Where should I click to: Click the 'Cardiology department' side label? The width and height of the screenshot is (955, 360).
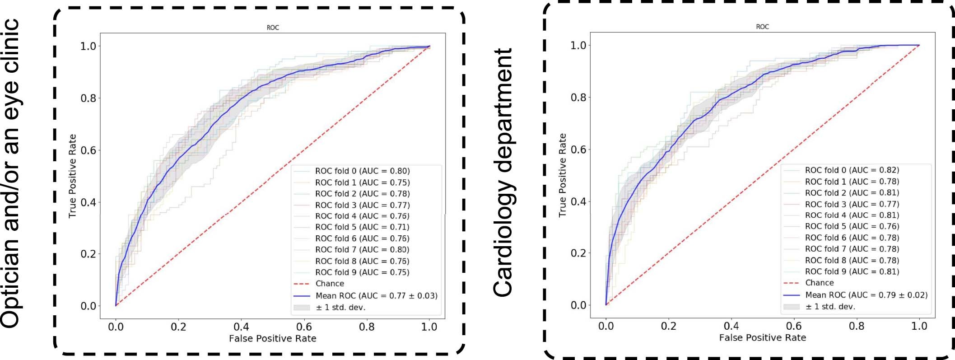click(x=503, y=173)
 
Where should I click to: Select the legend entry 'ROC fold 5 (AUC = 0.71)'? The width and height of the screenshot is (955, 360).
click(x=362, y=227)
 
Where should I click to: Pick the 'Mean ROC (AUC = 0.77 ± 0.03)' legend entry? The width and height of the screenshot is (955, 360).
click(x=376, y=296)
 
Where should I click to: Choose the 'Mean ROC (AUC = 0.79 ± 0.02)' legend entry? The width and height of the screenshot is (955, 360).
click(x=866, y=295)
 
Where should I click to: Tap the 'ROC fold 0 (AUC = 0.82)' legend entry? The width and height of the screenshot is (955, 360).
click(x=852, y=170)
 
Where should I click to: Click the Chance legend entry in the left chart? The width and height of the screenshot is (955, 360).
click(x=330, y=284)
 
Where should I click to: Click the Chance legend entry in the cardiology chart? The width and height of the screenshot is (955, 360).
click(x=819, y=283)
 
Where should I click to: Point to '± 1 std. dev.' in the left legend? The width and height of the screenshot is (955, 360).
click(x=340, y=308)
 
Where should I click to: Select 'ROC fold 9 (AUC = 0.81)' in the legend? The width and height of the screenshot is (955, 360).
click(x=852, y=272)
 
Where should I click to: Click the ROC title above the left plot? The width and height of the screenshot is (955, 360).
click(x=273, y=28)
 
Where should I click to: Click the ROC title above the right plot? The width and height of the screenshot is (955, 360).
click(x=762, y=27)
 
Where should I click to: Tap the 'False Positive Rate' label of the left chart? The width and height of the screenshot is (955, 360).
click(x=272, y=338)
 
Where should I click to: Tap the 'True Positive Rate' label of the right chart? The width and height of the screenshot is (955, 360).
click(x=562, y=175)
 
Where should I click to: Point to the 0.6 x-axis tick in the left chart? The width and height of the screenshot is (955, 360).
click(x=304, y=327)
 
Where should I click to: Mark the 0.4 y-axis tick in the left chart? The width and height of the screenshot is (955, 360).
click(x=89, y=202)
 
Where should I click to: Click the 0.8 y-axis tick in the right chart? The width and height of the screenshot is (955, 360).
click(x=578, y=98)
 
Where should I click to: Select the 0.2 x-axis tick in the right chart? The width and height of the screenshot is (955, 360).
click(x=668, y=326)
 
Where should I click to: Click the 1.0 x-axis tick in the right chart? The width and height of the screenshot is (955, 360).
click(x=919, y=326)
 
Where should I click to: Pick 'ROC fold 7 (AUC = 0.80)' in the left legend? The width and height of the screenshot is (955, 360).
click(x=362, y=250)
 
